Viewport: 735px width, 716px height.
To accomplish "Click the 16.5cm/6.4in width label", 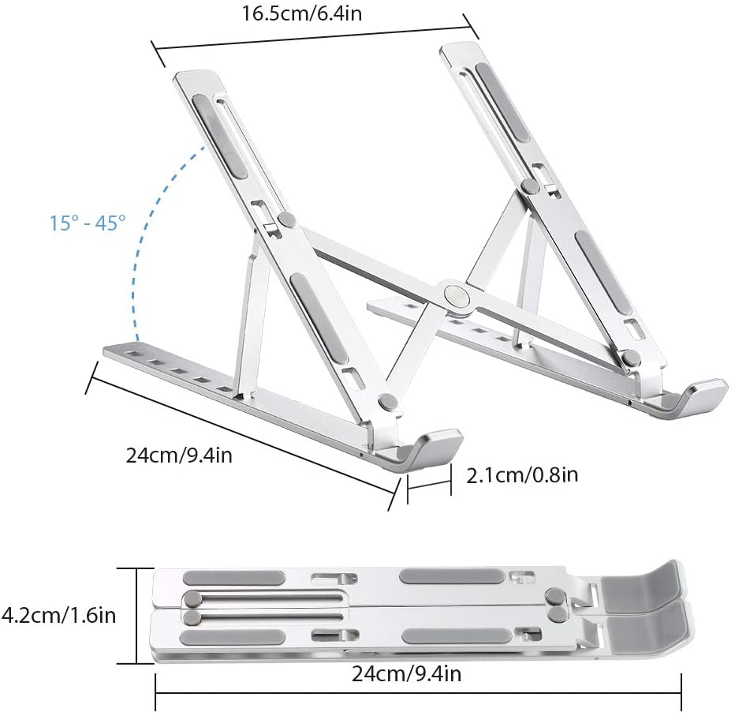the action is [x=302, y=13].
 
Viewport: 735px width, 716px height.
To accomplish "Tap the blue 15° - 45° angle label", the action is [x=88, y=223].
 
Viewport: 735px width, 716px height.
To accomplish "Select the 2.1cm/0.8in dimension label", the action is [x=522, y=475].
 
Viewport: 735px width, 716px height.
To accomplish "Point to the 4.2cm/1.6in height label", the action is [x=58, y=615].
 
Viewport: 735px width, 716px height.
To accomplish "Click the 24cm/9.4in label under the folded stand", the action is [x=406, y=674].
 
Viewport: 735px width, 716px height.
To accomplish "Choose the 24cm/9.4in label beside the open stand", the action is [x=179, y=455].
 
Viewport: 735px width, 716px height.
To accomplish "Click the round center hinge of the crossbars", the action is [x=456, y=296].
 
